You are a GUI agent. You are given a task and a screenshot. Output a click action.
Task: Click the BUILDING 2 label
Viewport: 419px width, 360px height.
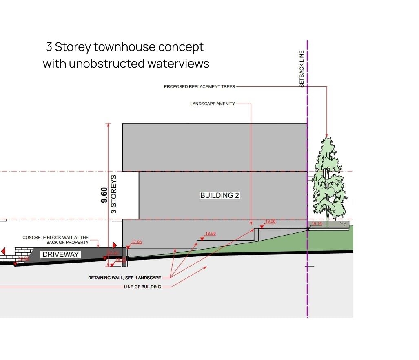tap(219, 195)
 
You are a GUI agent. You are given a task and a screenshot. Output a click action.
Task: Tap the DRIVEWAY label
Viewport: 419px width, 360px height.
tap(60, 254)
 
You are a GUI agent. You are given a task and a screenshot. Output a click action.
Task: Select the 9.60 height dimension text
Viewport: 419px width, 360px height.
tap(104, 195)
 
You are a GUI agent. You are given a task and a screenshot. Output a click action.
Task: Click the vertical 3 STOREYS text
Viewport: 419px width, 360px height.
tap(114, 194)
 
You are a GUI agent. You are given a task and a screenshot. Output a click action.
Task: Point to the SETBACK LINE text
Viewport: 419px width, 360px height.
tap(302, 68)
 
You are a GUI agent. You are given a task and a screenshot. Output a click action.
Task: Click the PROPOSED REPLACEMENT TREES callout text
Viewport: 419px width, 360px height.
tap(200, 86)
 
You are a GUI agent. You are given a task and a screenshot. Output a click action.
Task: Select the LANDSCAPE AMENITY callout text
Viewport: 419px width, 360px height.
tap(212, 104)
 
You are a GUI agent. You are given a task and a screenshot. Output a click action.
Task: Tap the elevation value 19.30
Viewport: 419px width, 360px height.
tap(270, 221)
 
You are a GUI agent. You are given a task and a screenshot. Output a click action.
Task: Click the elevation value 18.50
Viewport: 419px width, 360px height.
tap(210, 234)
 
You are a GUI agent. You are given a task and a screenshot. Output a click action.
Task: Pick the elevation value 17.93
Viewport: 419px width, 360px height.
tap(136, 242)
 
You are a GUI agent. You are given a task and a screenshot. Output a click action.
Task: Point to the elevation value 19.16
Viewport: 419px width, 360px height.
tap(317, 224)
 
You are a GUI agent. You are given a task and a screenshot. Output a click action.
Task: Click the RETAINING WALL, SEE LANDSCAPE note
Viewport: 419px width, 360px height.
tap(124, 278)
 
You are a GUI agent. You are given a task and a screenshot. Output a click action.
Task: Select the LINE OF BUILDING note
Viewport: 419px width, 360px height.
tap(142, 287)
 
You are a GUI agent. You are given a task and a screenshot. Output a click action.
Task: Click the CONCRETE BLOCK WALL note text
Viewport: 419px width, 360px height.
tap(55, 240)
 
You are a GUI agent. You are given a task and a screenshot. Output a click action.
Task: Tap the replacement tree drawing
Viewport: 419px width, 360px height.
tap(329, 179)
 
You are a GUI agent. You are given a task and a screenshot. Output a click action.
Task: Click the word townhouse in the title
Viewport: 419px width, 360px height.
tap(125, 47)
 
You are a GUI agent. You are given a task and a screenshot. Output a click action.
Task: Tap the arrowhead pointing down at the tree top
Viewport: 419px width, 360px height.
tap(326, 135)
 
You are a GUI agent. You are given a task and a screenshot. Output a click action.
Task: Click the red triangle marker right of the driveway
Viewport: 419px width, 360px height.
tap(114, 245)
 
